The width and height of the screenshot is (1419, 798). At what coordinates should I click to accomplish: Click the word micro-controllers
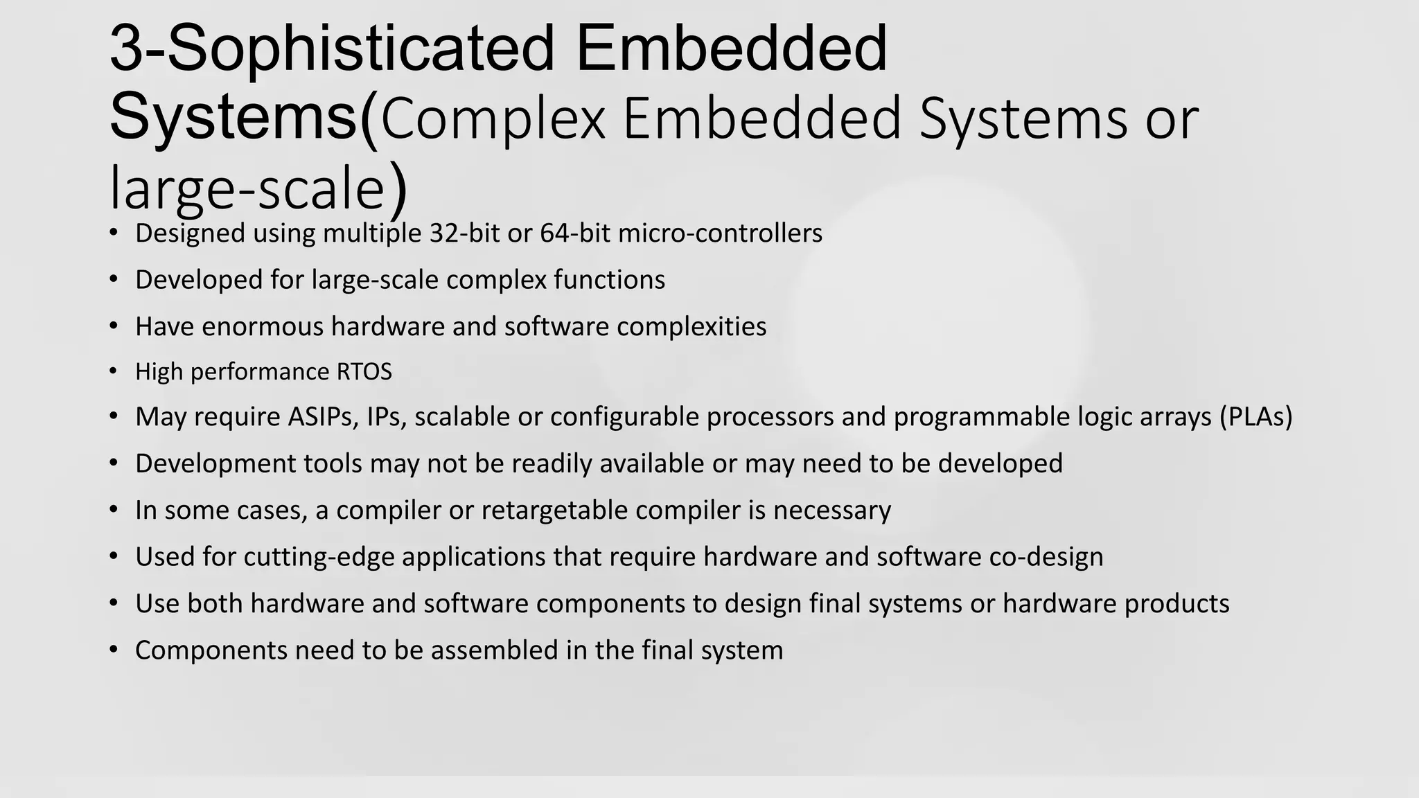(x=720, y=233)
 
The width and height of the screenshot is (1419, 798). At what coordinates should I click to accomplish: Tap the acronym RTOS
(x=364, y=372)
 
